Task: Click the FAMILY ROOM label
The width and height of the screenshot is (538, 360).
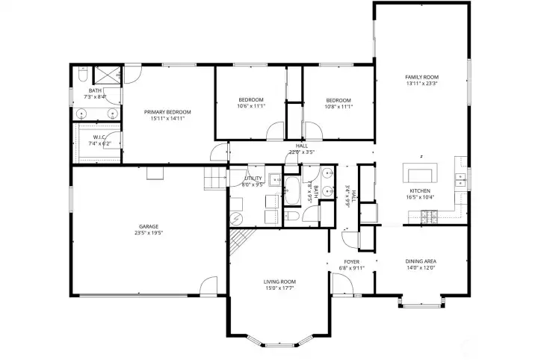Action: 421,77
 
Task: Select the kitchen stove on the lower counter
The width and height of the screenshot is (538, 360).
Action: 431,217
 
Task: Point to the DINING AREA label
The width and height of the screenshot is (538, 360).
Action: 421,261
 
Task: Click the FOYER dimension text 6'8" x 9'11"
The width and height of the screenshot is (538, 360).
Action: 352,267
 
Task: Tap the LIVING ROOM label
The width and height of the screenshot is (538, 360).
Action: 279,282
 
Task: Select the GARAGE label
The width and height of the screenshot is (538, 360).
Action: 148,226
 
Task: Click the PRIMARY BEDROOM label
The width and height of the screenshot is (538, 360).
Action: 167,112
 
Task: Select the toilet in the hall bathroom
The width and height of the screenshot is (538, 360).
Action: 293,216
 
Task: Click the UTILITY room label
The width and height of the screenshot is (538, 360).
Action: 253,179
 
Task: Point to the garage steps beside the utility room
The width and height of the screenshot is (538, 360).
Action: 214,179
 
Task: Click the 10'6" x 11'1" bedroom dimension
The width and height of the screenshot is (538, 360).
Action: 251,106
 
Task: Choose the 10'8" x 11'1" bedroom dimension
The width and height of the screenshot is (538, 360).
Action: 338,106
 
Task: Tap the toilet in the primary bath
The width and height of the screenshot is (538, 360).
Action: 81,73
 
